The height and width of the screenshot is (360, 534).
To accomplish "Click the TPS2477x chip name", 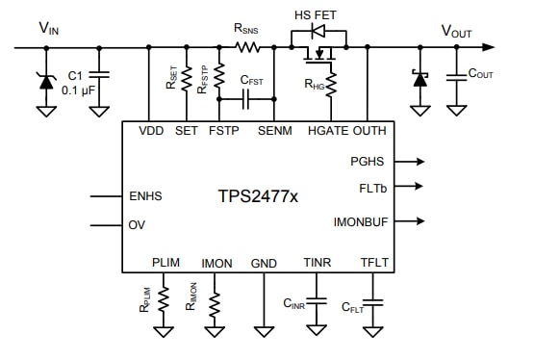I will (x=257, y=197).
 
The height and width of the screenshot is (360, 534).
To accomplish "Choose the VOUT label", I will (x=456, y=31).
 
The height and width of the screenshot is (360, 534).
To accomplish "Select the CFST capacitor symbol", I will (x=246, y=99).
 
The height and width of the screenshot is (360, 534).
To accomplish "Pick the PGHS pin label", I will (x=369, y=162).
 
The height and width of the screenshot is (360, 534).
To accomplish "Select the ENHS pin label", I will (x=145, y=197).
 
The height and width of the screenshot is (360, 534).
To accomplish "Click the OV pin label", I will (x=137, y=225).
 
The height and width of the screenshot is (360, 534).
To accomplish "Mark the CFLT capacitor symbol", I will (x=374, y=305).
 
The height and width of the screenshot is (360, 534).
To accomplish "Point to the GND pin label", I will (x=263, y=262).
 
